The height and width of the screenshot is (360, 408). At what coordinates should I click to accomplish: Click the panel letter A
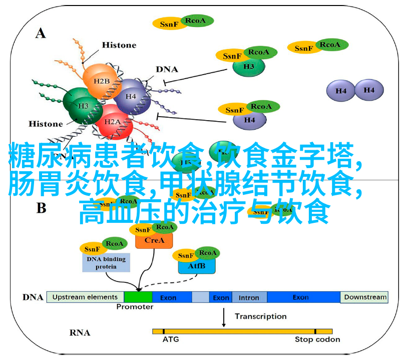point(41,34)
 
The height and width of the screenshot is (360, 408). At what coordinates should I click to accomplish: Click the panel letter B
point(41,206)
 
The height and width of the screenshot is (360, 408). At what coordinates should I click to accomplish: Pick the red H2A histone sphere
point(113,122)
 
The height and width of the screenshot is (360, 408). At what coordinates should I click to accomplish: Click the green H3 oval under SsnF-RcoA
point(249,67)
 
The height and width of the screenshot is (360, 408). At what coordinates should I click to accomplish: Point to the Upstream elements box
point(85,297)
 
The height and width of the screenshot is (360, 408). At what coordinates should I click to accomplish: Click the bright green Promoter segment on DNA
point(138,297)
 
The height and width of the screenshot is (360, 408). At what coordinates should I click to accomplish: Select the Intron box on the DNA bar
point(248,297)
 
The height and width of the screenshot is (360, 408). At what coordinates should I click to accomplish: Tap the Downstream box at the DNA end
point(365,297)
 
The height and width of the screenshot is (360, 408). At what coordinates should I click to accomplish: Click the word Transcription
point(260,316)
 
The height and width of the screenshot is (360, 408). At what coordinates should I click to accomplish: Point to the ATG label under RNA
point(170,339)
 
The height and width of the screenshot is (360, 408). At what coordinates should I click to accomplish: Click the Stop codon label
point(317,339)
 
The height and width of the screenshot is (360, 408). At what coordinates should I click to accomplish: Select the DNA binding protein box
point(106,263)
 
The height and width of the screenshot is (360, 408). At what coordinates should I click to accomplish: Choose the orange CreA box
point(154,240)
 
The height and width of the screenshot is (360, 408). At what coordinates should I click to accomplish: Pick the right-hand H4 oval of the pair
point(369,90)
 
